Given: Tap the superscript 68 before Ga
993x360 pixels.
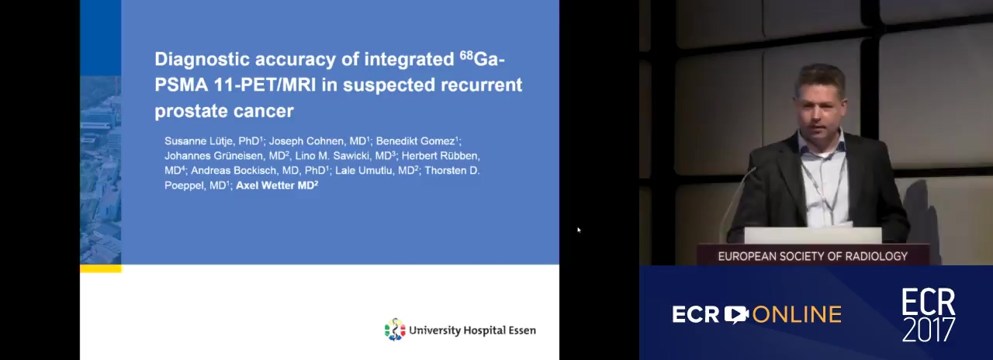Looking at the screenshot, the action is (x=466, y=55).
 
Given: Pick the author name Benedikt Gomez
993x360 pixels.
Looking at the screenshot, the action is (x=415, y=141).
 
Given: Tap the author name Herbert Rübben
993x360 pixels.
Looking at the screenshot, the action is (x=440, y=156).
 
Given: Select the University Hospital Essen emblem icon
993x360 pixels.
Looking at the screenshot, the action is (x=395, y=330).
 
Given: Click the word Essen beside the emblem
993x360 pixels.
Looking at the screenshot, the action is (x=522, y=331).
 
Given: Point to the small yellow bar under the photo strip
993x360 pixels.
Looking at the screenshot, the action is (x=101, y=268).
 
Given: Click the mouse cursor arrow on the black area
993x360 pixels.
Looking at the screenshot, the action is (x=579, y=230).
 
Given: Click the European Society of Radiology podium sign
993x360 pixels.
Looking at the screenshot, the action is (x=812, y=256).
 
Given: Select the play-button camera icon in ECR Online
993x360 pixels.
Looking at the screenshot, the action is (x=736, y=314).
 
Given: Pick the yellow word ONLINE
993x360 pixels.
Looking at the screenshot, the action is (x=797, y=315).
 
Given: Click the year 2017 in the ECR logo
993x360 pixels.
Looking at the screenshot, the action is (x=929, y=330).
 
